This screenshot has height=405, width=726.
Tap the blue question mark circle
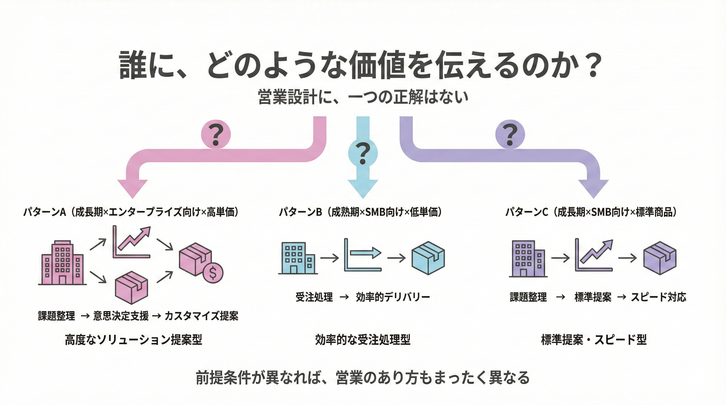[363, 153]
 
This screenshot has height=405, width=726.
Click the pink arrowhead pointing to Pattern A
[132, 189]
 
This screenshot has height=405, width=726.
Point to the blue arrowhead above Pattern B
[363, 189]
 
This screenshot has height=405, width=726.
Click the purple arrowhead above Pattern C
[594, 189]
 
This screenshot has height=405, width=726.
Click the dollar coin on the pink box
[213, 273]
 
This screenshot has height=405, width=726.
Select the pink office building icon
[62, 263]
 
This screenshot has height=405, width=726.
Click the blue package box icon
[428, 258]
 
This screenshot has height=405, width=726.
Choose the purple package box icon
[660, 258]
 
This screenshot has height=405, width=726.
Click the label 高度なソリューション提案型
[133, 340]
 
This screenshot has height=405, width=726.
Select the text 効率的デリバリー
[393, 297]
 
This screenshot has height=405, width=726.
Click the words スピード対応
[658, 297]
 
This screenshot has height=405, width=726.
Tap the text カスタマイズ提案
[201, 316]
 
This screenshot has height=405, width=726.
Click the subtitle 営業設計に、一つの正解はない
[363, 97]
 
